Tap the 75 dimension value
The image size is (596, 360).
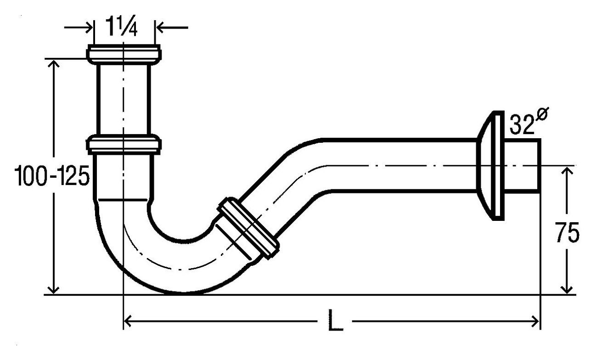567,233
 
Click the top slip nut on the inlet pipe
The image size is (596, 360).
124,54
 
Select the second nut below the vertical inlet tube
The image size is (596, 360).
124,144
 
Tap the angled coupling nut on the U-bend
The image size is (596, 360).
248,227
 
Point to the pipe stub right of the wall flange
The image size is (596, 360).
523,165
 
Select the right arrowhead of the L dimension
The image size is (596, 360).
535,321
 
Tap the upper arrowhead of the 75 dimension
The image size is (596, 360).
568,171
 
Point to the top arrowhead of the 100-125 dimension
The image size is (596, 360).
54,64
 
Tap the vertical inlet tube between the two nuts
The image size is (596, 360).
124,99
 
